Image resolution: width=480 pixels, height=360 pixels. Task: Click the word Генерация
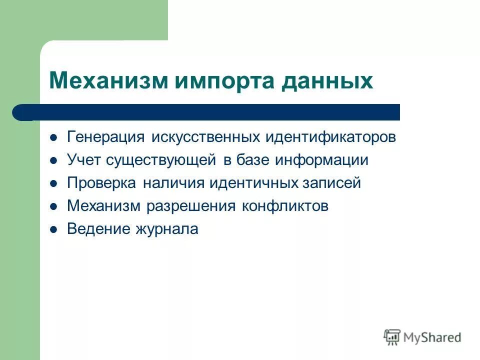tap(106, 137)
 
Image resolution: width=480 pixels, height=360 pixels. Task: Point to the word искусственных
tap(205, 137)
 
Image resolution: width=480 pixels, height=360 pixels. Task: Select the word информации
tap(320, 160)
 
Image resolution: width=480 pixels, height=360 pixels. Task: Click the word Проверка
tap(101, 183)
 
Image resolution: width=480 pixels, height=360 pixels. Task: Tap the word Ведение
tap(97, 229)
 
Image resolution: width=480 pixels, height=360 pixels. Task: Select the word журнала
tap(166, 229)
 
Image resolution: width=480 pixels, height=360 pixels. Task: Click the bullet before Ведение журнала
tap(54, 229)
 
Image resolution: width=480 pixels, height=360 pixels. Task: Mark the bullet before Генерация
tap(54, 138)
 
